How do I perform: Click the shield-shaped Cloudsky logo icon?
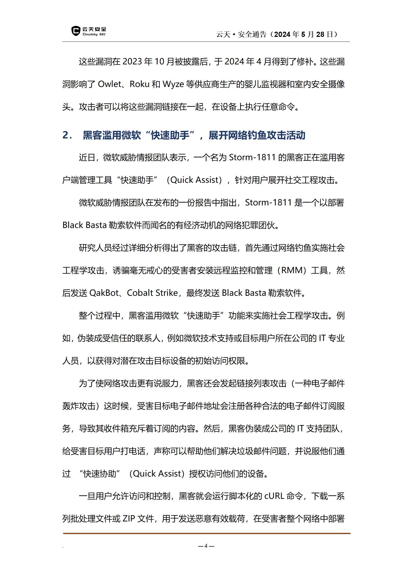click(x=76, y=31)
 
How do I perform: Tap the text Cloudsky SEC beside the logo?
click(x=94, y=34)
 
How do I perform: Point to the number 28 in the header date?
click(x=320, y=35)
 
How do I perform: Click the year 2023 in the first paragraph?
click(x=132, y=62)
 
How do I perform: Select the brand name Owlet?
click(x=109, y=84)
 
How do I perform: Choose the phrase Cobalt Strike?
click(x=152, y=293)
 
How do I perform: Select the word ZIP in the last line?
click(x=129, y=519)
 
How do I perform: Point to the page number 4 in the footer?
click(x=206, y=546)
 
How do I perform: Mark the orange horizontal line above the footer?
click(x=206, y=533)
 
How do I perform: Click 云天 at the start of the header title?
click(x=223, y=35)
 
